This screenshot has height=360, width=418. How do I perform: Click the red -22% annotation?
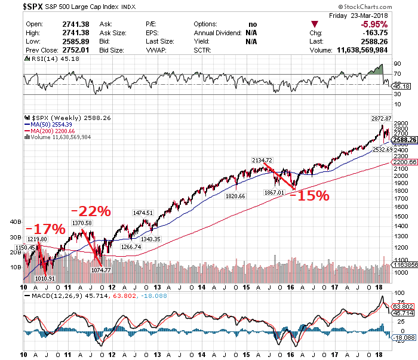pyautogui.click(x=91, y=211)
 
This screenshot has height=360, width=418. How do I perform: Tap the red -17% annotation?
pyautogui.click(x=45, y=229)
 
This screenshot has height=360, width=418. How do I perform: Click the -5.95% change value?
pyautogui.click(x=374, y=24)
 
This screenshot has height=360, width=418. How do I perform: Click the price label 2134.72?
pyautogui.click(x=263, y=160)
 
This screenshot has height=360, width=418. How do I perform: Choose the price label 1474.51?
pyautogui.click(x=143, y=213)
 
